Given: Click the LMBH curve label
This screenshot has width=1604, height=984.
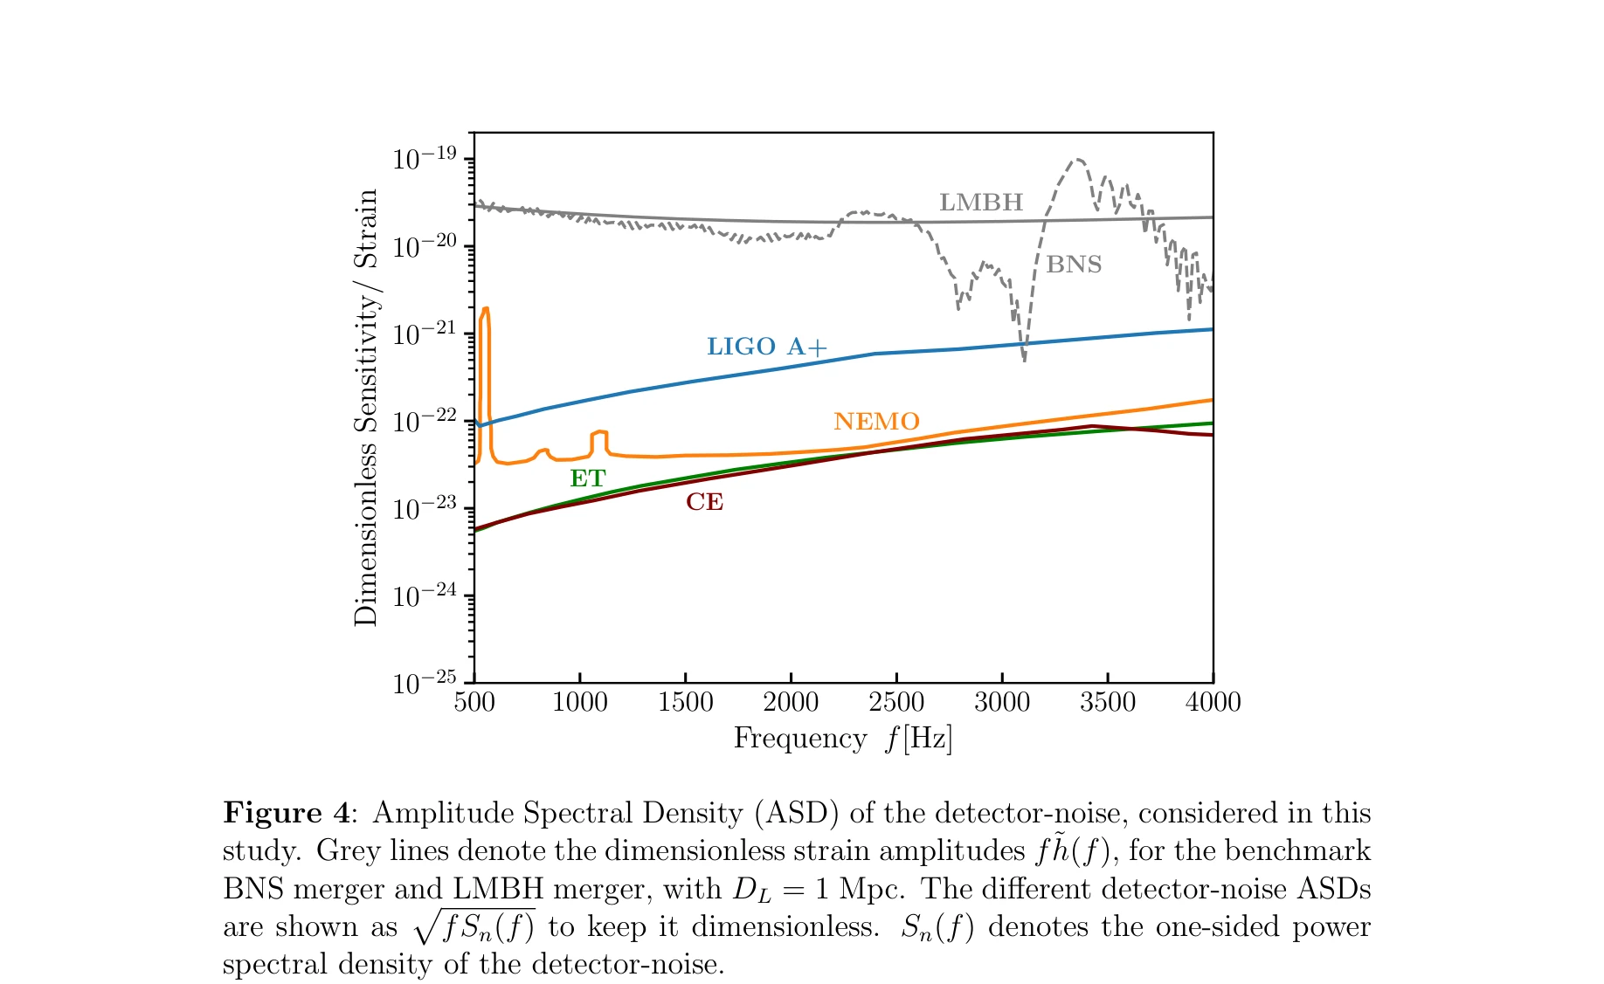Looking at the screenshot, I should point(980,203).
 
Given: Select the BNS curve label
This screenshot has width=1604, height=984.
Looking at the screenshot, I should point(1074,265).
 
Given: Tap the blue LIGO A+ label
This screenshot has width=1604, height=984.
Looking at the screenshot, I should point(766,347).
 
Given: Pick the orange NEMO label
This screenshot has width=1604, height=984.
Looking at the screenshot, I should point(876,422).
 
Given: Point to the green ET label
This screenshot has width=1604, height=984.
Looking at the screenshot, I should point(587,478).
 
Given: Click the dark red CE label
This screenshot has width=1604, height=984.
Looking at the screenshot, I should point(704,502).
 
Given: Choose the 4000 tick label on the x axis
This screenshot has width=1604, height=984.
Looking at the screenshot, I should point(1213,702).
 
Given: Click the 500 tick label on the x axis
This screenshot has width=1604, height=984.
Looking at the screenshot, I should point(474,702).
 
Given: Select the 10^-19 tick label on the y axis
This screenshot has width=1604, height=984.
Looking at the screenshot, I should point(425,159).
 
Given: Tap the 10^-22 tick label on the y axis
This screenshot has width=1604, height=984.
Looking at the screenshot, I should point(425,421).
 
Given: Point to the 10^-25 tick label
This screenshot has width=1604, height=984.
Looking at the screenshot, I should point(425,682).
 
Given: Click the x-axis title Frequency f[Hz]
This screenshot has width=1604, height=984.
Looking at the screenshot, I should point(842,739).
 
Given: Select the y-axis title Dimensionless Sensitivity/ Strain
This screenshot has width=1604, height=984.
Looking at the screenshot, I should point(366,407).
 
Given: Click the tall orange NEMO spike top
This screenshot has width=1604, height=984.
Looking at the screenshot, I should point(486,308).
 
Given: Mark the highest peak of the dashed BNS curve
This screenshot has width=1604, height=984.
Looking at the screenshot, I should point(1079,160).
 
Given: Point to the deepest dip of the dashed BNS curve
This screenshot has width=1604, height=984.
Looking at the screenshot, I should point(1024,359).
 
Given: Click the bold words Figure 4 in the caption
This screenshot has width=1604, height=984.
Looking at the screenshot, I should point(286,813).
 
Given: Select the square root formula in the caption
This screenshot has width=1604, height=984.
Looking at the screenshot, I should point(474,926).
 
